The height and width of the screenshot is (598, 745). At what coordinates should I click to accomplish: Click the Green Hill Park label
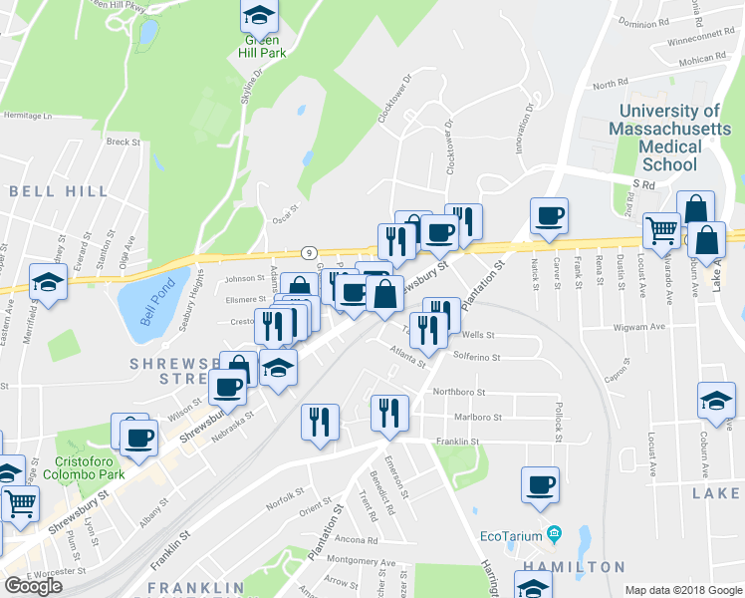point(260,46)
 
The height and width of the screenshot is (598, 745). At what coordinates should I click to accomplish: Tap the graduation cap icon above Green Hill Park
point(260,15)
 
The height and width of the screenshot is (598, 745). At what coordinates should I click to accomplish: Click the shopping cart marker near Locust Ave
point(661,231)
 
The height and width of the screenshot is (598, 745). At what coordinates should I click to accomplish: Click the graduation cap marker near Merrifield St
point(48,282)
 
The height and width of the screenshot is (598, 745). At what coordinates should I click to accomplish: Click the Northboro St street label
point(459,393)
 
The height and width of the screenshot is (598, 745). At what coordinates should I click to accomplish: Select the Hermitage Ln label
point(26,116)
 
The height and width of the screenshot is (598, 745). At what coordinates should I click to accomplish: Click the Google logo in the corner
point(33,586)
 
